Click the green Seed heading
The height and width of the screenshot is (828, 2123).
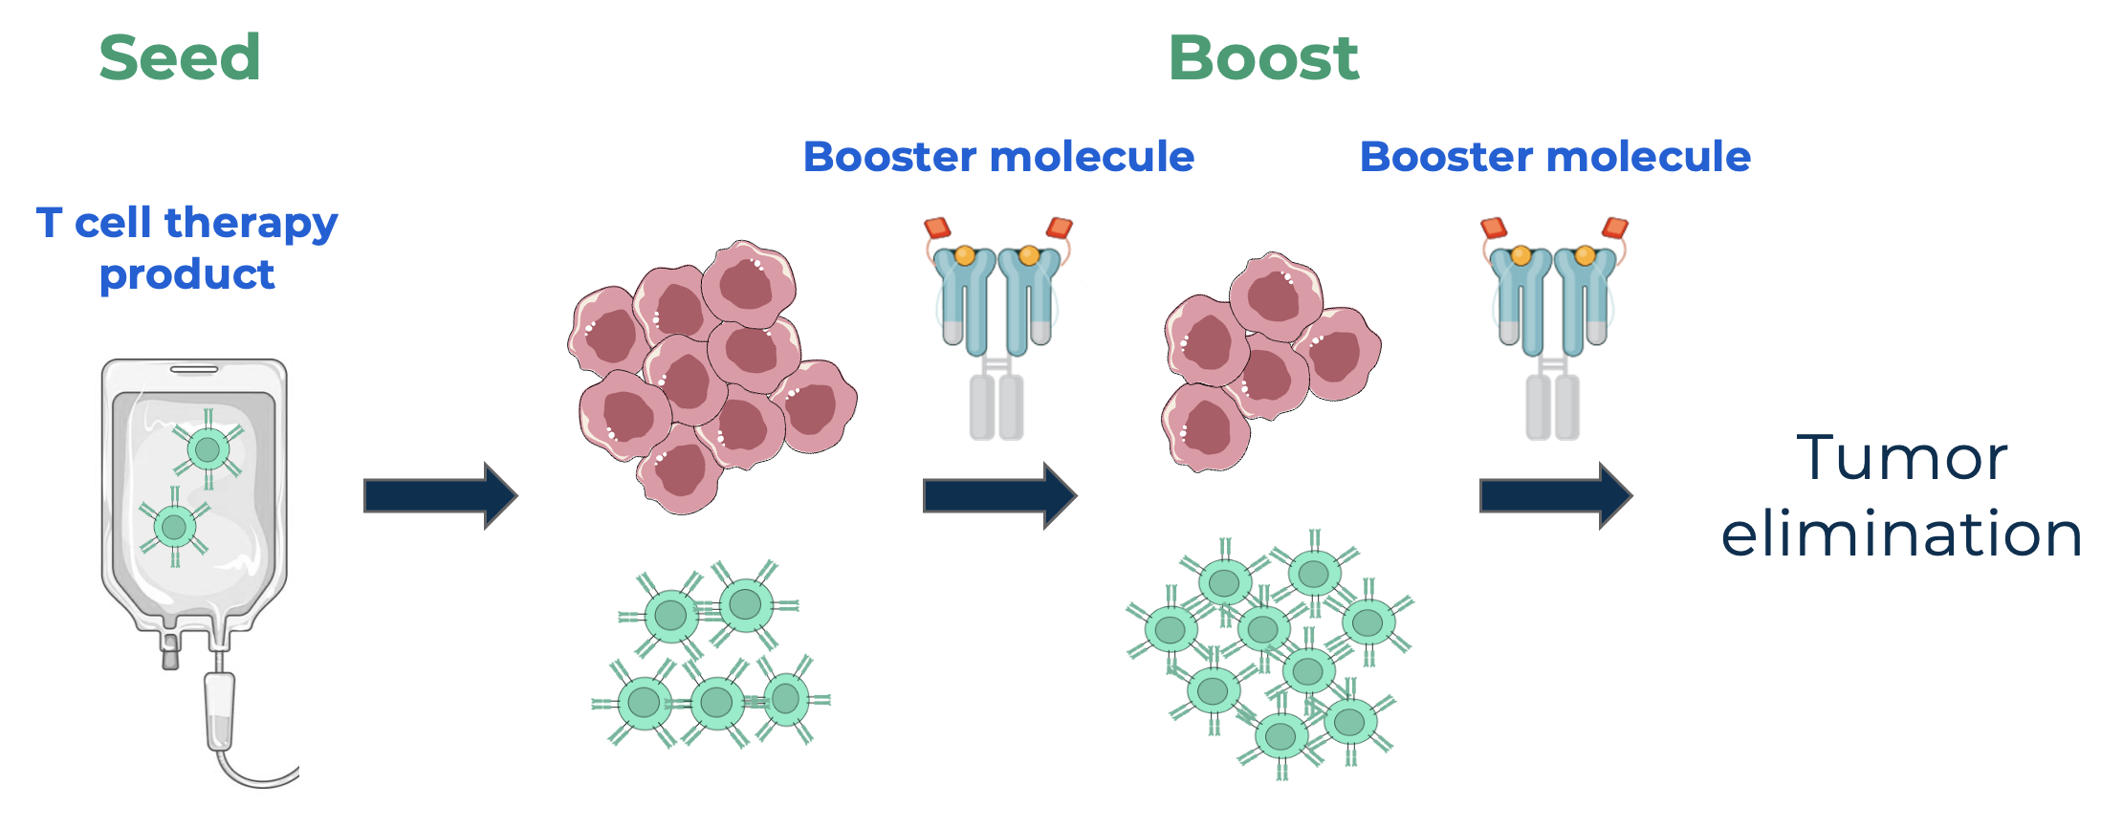pyautogui.click(x=180, y=57)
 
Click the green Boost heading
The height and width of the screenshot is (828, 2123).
pyautogui.click(x=1263, y=57)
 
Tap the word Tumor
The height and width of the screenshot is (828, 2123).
pyautogui.click(x=1901, y=458)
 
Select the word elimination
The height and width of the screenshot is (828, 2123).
pyautogui.click(x=1901, y=534)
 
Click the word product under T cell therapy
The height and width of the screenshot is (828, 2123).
pyautogui.click(x=187, y=275)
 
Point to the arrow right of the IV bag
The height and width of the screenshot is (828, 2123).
pyautogui.click(x=440, y=495)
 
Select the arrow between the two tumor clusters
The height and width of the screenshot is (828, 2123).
pyautogui.click(x=999, y=495)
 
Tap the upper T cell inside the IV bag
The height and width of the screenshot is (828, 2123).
pyautogui.click(x=208, y=448)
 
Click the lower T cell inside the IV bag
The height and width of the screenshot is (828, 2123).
pyautogui.click(x=174, y=526)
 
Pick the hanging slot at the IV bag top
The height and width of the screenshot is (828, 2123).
pyautogui.click(x=194, y=369)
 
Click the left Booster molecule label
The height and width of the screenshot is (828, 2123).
pyautogui.click(x=998, y=157)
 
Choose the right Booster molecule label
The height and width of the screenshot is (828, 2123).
pyautogui.click(x=1555, y=157)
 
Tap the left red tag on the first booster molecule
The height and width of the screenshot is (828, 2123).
pyautogui.click(x=937, y=228)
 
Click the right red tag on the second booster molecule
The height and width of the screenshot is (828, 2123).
pyautogui.click(x=1615, y=228)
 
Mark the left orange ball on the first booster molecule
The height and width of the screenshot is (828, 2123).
pyautogui.click(x=965, y=255)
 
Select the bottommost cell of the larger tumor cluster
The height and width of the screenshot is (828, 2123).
pyautogui.click(x=681, y=470)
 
